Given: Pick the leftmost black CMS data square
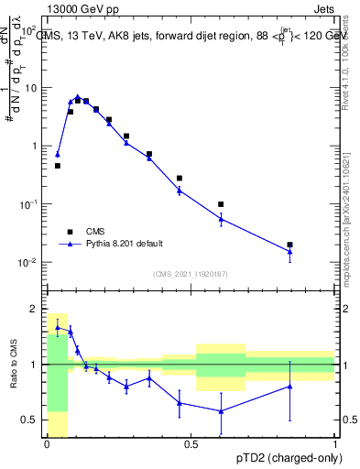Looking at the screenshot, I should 58,166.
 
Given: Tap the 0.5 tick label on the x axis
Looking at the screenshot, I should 191,444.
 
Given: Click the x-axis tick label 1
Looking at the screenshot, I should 335,444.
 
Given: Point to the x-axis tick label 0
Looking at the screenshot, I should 47,444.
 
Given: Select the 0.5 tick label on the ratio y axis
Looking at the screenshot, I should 28,420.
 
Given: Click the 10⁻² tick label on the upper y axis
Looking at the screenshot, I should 29,263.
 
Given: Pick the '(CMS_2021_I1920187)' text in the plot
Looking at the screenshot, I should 191,274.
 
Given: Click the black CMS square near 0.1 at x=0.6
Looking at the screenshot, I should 221,204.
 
